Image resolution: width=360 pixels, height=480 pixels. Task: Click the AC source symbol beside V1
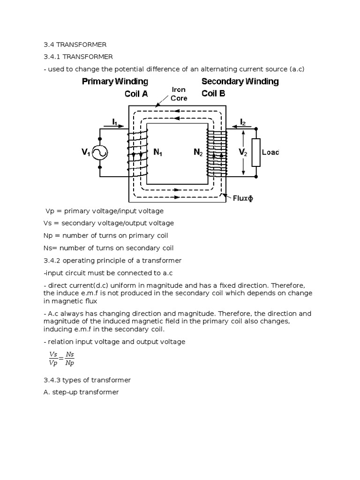100,153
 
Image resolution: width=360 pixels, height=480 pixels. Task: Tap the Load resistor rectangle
256,152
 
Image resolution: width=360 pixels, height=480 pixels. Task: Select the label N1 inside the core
157,152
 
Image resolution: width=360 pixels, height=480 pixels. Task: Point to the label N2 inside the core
198,152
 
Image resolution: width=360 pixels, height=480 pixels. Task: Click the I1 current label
115,122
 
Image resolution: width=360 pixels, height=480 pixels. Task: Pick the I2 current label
243,122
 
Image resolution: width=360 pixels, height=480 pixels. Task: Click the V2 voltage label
243,152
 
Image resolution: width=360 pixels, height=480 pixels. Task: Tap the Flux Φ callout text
243,198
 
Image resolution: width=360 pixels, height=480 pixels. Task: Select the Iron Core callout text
179,94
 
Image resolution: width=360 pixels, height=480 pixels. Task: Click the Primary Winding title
115,82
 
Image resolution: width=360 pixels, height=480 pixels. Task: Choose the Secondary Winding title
240,82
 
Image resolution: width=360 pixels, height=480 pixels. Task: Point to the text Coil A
136,94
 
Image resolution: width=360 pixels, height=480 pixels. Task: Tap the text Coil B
213,93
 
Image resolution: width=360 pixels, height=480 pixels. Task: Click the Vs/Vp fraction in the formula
53,359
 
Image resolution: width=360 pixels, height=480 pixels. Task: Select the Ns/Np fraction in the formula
70,359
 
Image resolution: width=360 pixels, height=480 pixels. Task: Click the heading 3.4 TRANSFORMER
75,45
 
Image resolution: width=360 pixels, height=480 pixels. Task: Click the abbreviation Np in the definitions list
48,236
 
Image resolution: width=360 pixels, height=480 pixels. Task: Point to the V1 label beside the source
86,152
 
